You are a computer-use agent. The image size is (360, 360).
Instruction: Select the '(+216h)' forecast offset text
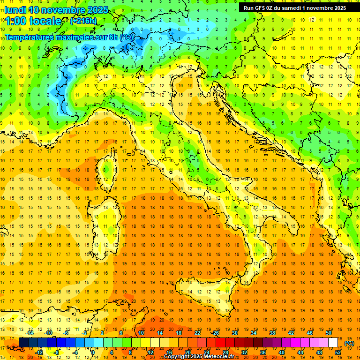(83, 21)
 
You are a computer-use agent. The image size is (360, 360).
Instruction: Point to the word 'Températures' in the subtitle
(31, 37)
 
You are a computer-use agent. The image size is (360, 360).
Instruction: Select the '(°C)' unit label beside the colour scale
(349, 343)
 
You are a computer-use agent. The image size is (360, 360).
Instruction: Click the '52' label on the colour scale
(338, 352)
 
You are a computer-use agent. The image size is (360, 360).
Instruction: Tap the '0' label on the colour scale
(92, 352)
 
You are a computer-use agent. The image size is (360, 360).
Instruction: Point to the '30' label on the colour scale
(235, 333)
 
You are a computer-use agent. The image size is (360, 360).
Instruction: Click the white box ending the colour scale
(333, 342)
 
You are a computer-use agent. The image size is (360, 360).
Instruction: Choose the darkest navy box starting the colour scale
(23, 342)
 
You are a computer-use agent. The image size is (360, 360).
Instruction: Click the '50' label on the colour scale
(329, 333)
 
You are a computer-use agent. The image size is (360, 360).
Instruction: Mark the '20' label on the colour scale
(187, 352)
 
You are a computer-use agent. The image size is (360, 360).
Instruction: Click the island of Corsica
(109, 166)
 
